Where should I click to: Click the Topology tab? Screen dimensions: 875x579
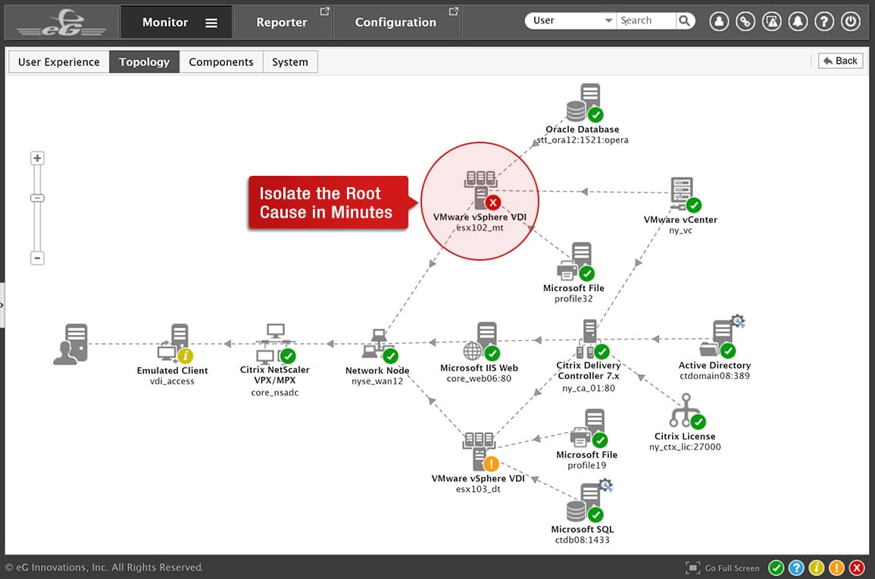coord(144,62)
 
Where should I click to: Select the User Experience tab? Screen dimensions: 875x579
coord(58,62)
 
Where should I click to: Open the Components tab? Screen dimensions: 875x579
coord(221,62)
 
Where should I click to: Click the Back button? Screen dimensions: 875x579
coord(840,61)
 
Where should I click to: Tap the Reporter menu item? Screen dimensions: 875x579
coord(282,22)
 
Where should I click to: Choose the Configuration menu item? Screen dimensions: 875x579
coord(395,22)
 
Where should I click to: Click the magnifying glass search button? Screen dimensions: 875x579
coord(685,20)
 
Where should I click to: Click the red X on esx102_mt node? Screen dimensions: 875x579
coord(492,202)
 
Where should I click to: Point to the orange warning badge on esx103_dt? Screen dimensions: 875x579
coord(491,463)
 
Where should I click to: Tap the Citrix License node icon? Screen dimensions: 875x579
coord(687,411)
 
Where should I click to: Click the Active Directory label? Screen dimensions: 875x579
coord(714,365)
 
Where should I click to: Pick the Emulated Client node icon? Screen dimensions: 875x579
coord(175,343)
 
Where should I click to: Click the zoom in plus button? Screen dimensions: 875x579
coord(37,158)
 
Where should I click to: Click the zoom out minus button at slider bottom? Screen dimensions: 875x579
coord(37,258)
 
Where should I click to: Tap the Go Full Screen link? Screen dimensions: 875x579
coord(723,568)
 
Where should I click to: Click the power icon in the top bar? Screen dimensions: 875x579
coord(851,21)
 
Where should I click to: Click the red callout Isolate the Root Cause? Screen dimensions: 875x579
coord(328,202)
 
